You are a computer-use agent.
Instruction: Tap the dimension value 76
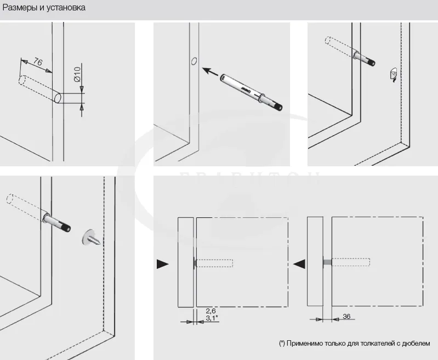[x=38, y=62]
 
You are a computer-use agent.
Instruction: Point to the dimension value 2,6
[x=211, y=311]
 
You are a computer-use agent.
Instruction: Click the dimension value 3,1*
[x=212, y=318]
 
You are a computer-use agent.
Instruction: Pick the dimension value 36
[x=346, y=317]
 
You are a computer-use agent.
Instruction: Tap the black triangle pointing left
[x=299, y=264]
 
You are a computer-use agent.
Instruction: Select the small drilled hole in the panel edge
[x=194, y=60]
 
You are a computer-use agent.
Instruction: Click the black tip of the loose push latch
[x=280, y=107]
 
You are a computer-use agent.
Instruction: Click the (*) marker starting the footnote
[x=282, y=344]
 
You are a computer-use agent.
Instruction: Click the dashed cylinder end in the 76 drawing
[x=22, y=80]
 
